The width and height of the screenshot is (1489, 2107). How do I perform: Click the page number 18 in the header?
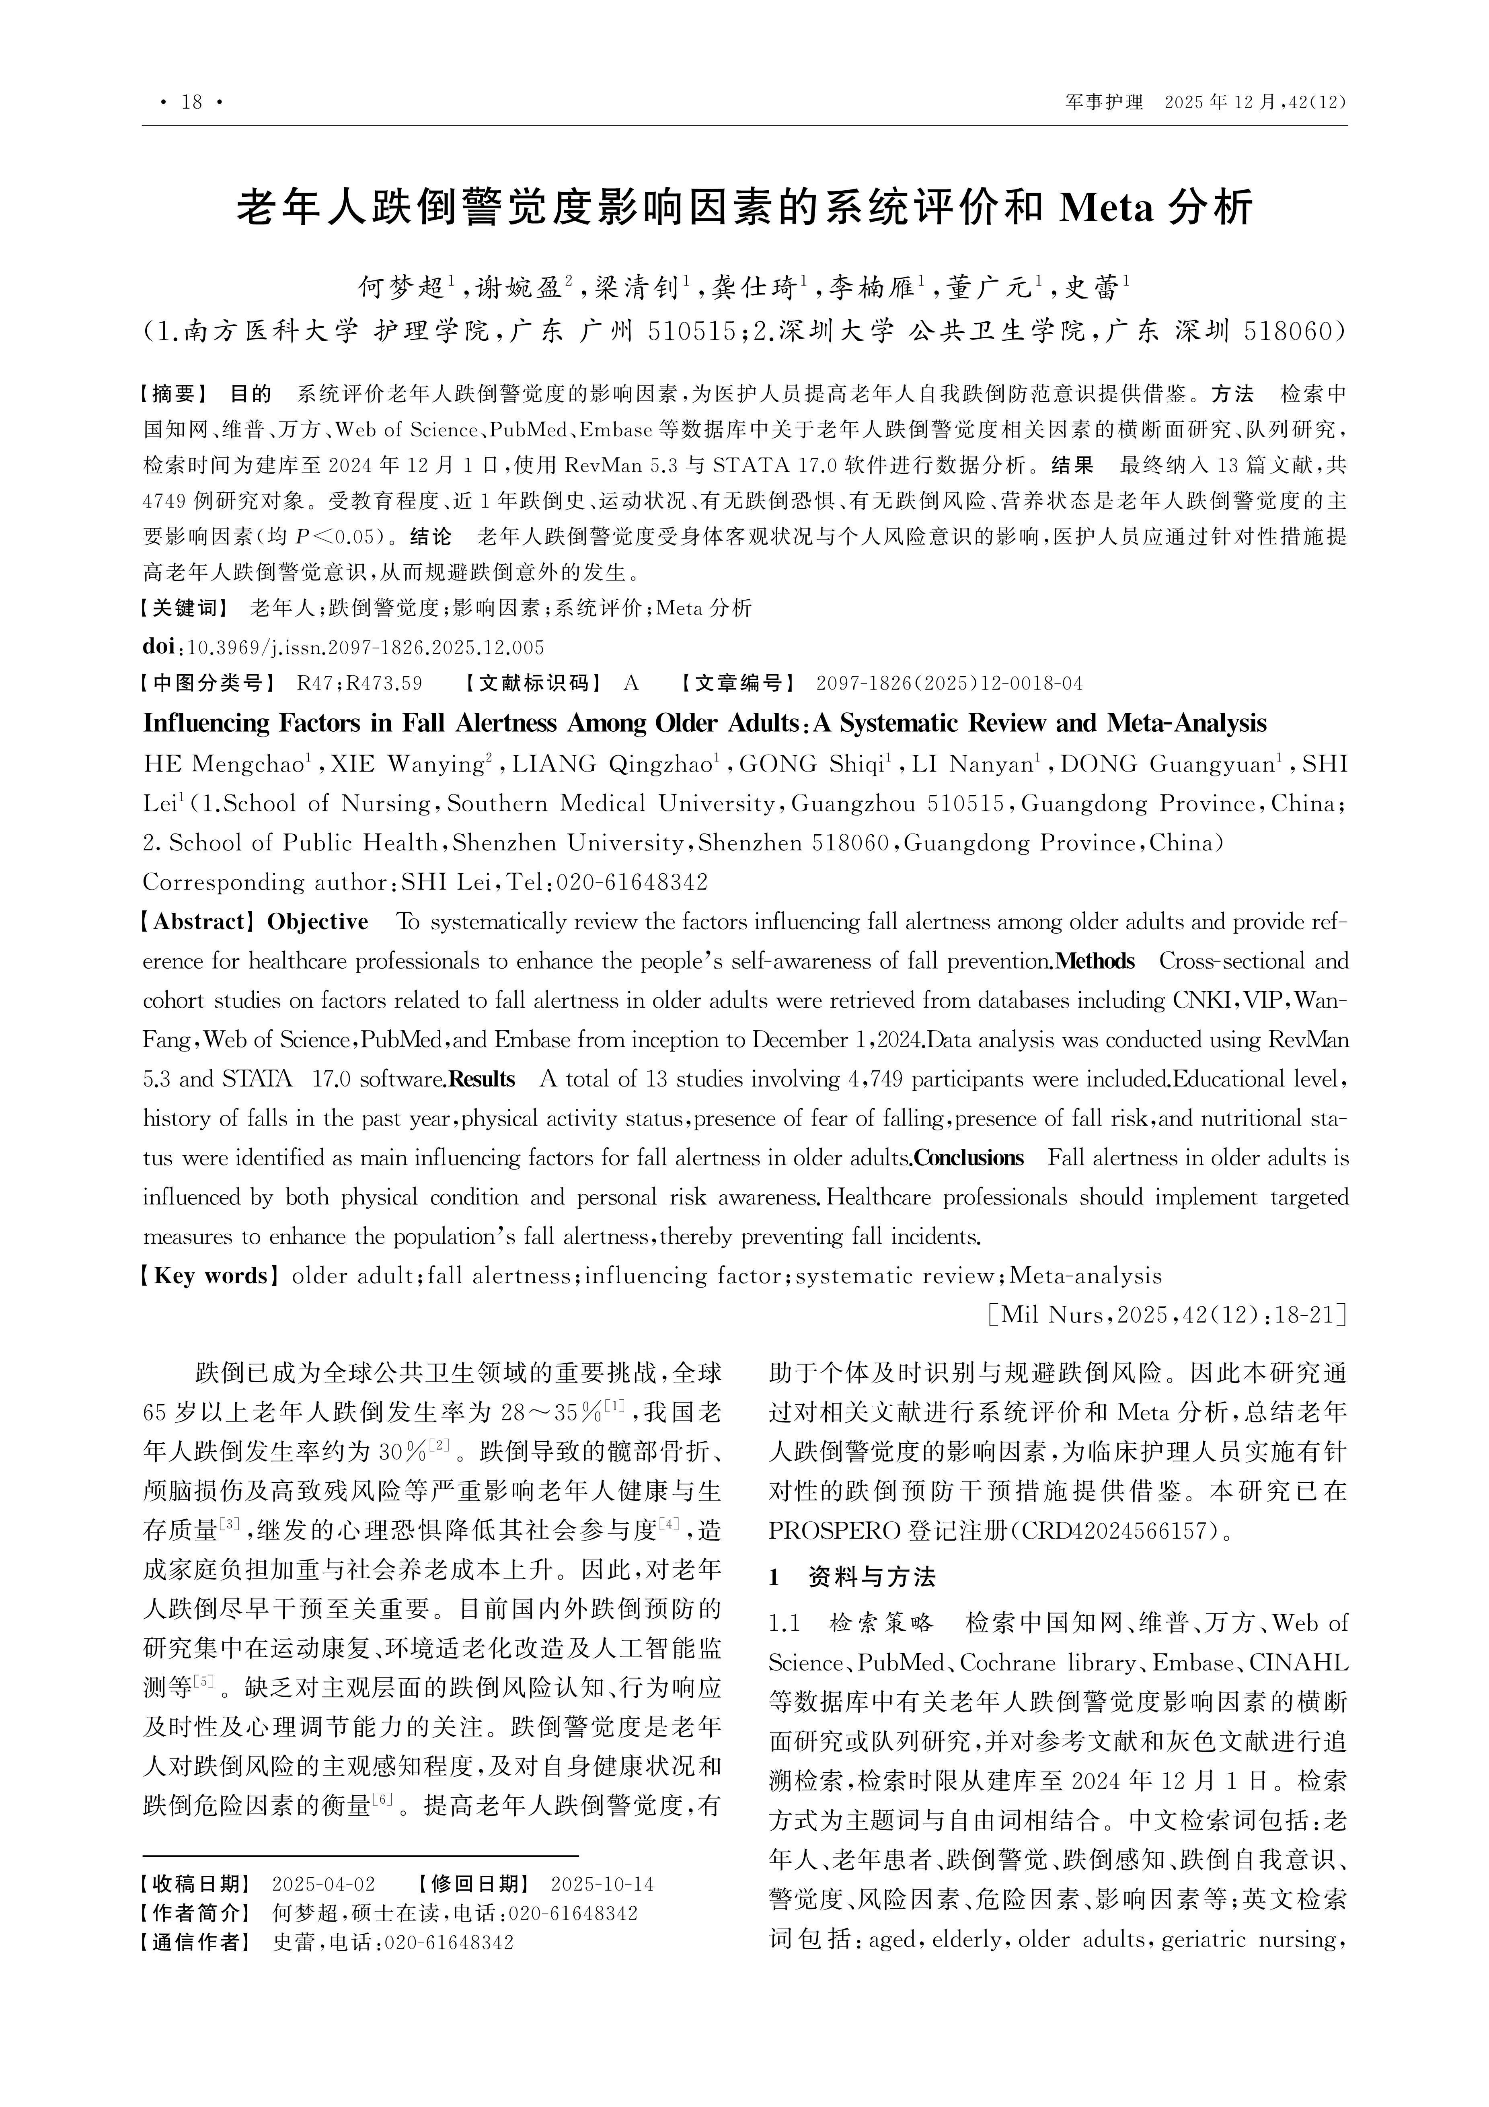pos(192,102)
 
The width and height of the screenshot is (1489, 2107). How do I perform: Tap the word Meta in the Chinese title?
pos(1105,208)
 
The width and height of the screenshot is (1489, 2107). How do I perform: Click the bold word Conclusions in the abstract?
pos(968,1158)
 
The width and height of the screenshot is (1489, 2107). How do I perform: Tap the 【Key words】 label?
pos(210,1276)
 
